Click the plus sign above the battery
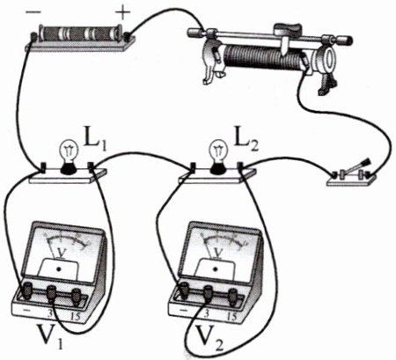122,12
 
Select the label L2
246,139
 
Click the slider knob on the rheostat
288,29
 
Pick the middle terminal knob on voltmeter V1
52,292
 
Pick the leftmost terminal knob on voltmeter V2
184,290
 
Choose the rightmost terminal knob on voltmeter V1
77,296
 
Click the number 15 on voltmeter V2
231,316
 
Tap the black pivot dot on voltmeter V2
216,268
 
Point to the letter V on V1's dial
62,253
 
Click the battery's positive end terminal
128,37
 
